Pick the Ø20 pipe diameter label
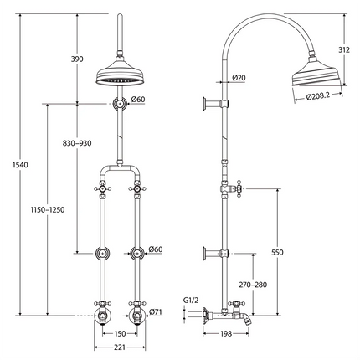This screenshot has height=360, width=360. coord(238,78)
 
